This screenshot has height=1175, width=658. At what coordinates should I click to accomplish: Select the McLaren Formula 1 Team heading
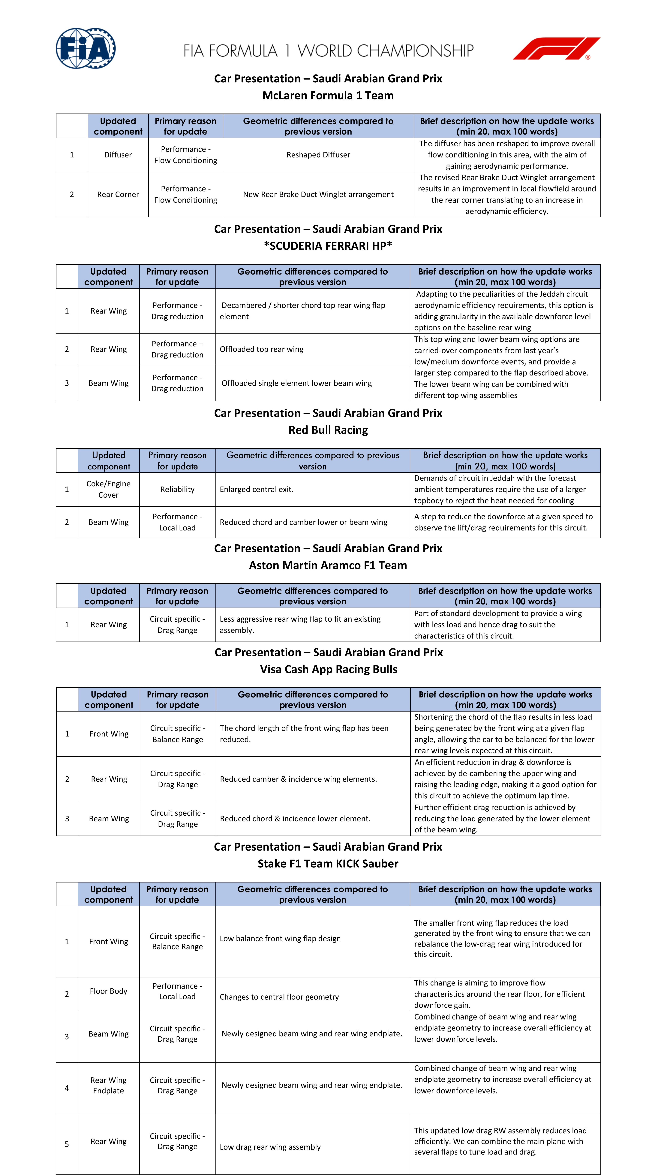[328, 95]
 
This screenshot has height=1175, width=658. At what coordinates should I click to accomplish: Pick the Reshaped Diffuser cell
[318, 155]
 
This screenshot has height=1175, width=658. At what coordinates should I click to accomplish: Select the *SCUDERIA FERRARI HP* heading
[328, 246]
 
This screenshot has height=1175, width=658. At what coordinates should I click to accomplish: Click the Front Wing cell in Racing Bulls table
[109, 734]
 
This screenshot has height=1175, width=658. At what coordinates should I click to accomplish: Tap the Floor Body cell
[109, 991]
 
